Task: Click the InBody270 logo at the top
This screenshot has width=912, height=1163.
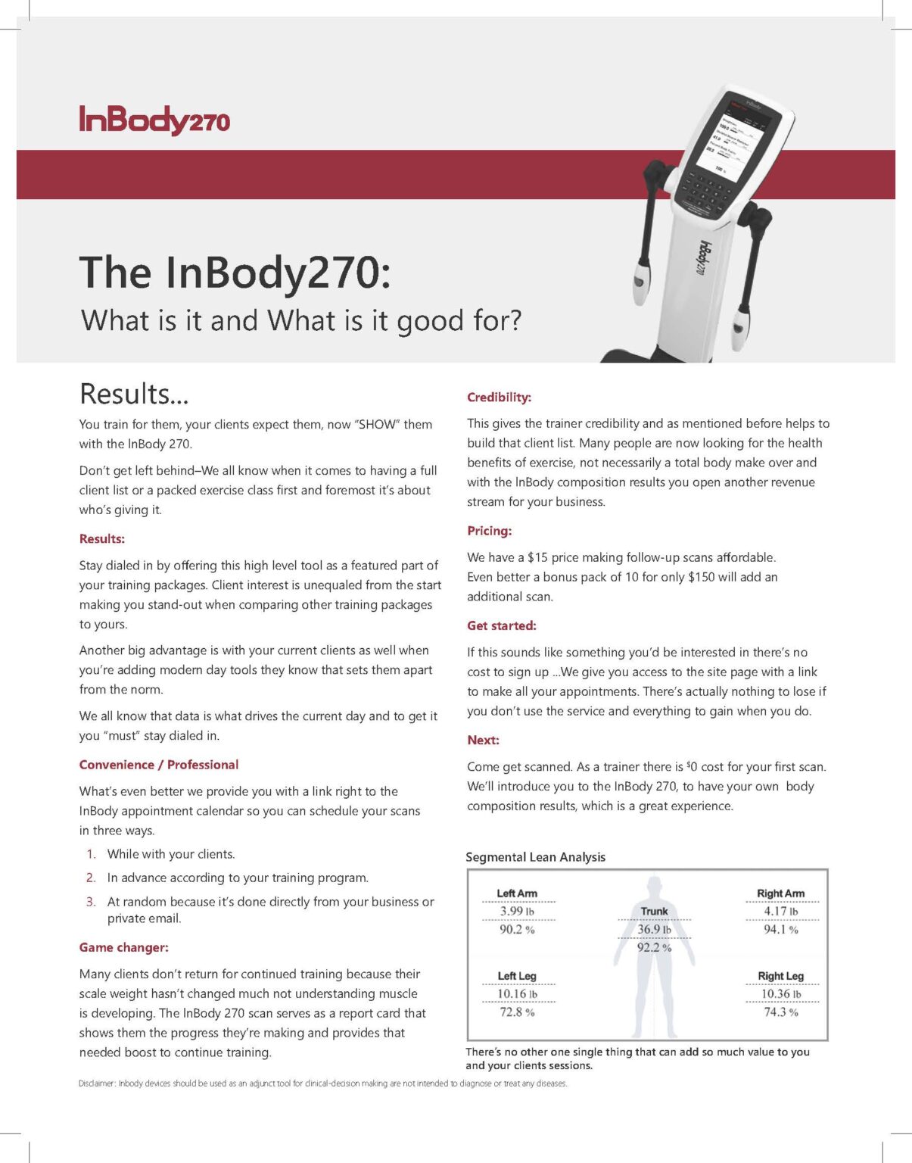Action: pos(154,120)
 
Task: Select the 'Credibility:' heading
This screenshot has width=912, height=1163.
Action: pos(499,398)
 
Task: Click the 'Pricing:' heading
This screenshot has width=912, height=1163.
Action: pos(489,531)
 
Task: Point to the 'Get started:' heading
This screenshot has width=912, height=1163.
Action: pos(501,625)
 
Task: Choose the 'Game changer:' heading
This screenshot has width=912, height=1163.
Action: pos(123,947)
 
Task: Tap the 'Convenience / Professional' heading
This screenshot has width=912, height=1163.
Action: pos(158,765)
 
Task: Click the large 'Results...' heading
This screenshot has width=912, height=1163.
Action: pos(134,394)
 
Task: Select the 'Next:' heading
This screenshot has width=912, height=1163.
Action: pos(483,740)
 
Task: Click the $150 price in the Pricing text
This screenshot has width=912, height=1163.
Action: pos(702,577)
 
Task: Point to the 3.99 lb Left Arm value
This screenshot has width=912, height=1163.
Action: pos(517,912)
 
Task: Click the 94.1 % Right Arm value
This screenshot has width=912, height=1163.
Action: pos(780,930)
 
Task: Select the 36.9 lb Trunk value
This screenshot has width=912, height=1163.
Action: pos(654,929)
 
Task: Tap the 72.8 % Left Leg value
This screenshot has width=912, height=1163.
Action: pos(517,1012)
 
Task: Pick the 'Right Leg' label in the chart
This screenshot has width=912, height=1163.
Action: pos(780,976)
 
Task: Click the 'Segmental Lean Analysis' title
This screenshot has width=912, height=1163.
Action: pos(535,857)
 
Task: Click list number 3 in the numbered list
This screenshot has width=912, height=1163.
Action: pos(91,902)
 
